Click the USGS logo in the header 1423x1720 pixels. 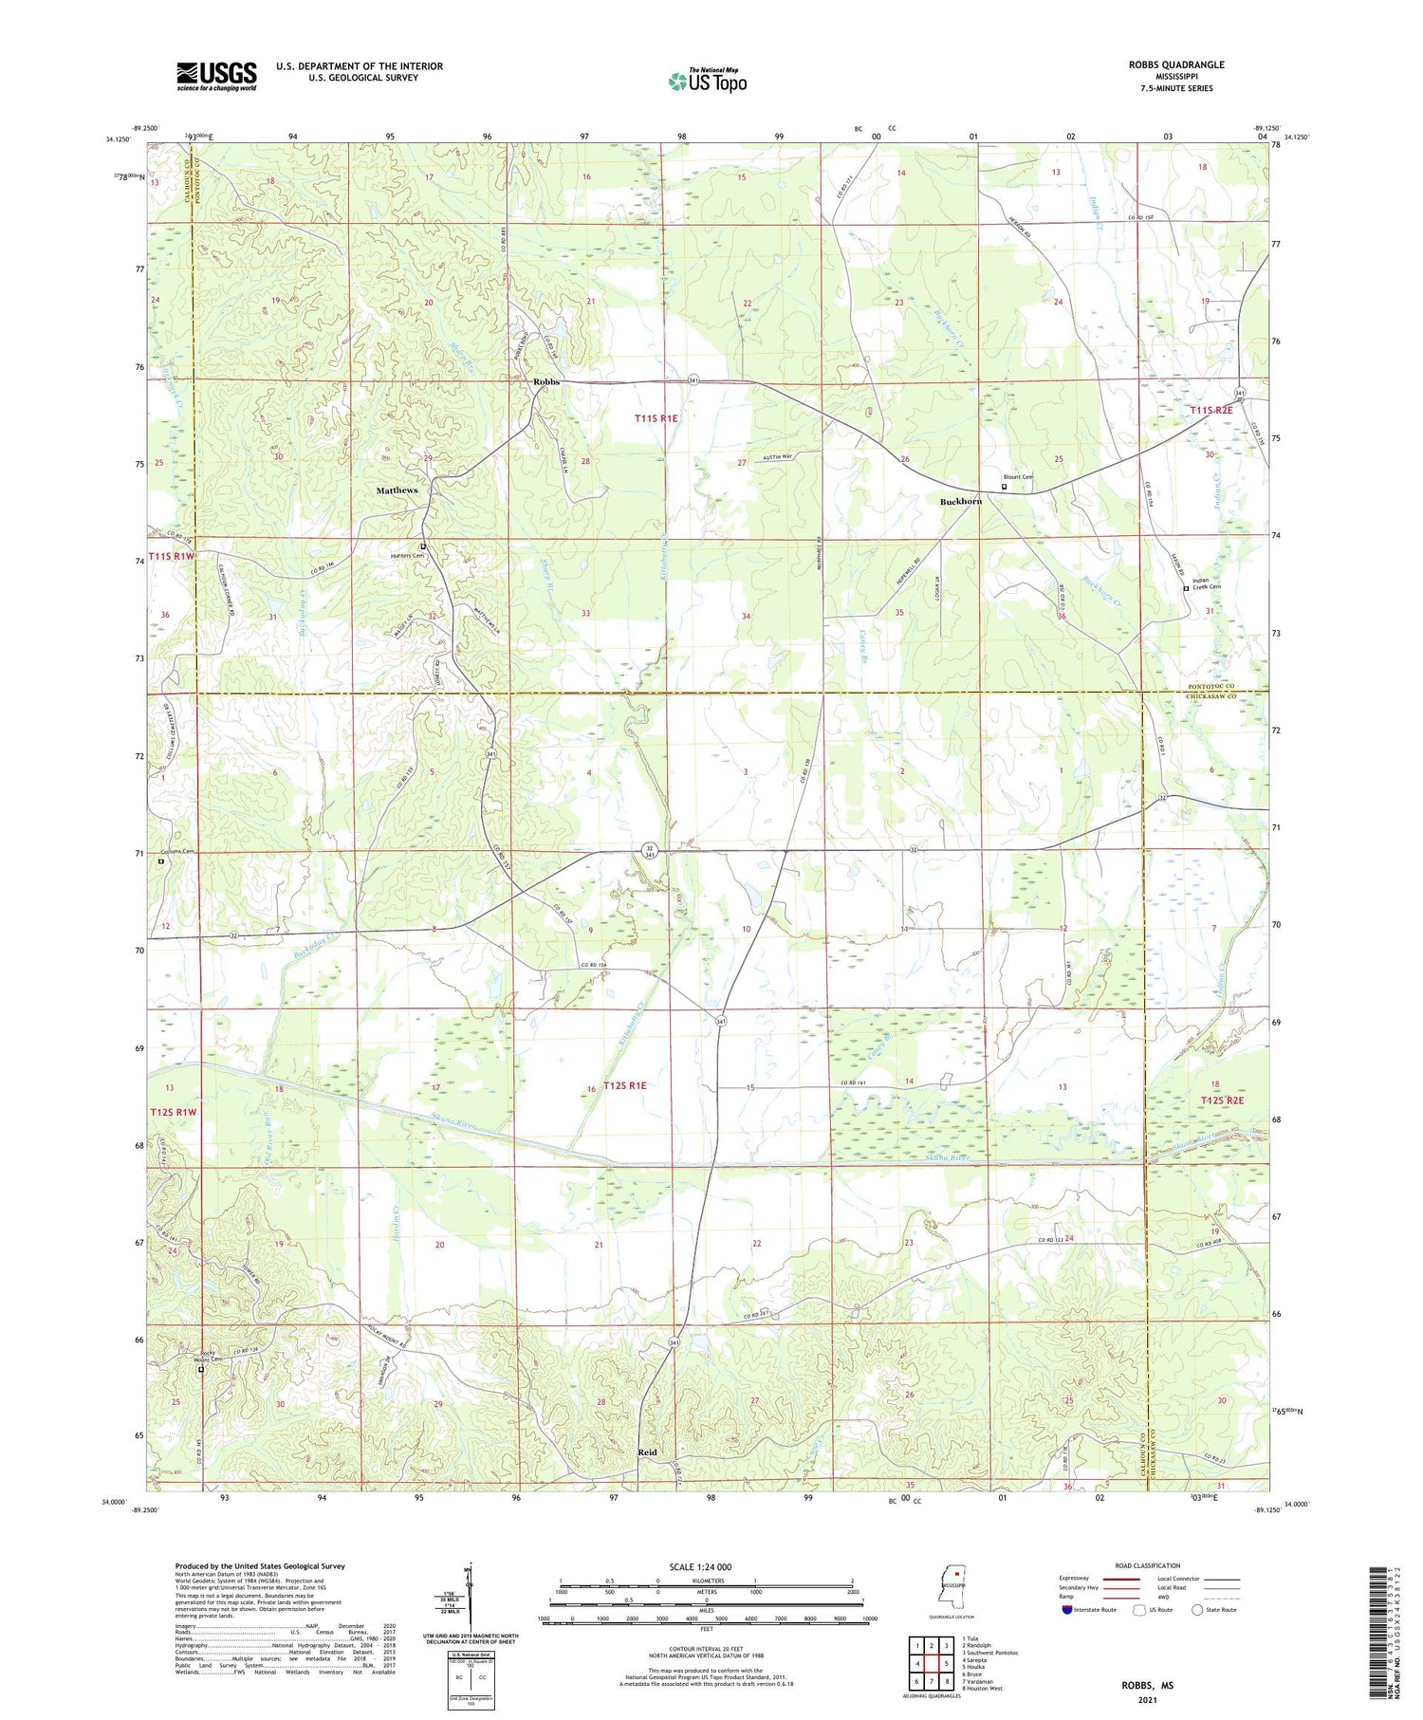[216, 76]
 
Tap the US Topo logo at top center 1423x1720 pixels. [707, 81]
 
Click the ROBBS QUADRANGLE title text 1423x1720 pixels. [1173, 65]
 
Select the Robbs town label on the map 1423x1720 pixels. [546, 382]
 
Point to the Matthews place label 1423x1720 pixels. [397, 490]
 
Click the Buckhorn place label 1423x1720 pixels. [960, 501]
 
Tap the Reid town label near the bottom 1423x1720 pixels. [647, 1452]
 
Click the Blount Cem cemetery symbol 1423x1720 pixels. [1005, 487]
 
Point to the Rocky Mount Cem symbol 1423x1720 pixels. [200, 1370]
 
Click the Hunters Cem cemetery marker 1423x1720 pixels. [423, 547]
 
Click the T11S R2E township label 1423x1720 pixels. [1210, 410]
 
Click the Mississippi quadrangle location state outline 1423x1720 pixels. [952, 1585]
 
